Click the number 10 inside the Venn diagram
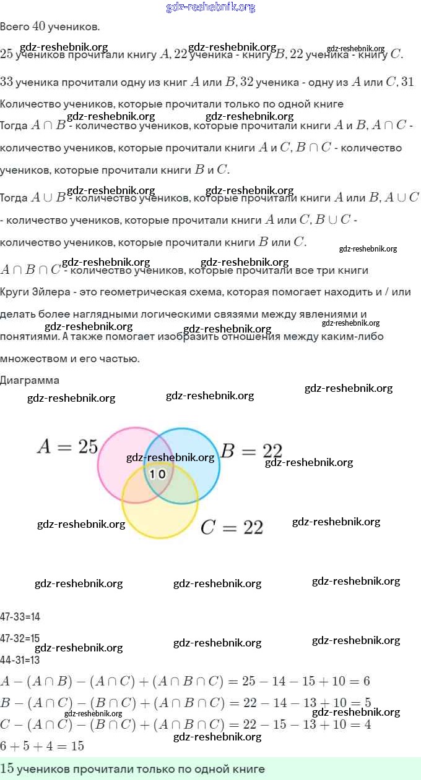coord(158,474)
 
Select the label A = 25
coord(67,447)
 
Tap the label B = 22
coord(252,451)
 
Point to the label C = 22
coord(232,527)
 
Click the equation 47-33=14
coord(20,616)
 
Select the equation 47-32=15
coord(20,638)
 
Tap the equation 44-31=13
coord(20,659)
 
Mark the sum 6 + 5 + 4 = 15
coord(42,746)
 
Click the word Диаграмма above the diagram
coord(30,380)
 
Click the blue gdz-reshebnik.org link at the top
coord(210,7)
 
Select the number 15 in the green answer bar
coord(7,769)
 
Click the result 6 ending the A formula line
coord(367,682)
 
